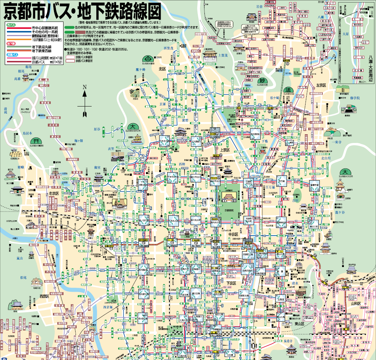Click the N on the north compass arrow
84,87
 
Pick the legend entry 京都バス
38,62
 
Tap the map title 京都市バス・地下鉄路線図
83,12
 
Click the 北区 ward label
162,69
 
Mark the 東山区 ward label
299,313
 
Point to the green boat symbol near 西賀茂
149,58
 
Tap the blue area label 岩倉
260,6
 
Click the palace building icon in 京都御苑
229,197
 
